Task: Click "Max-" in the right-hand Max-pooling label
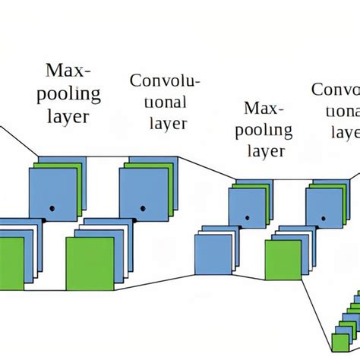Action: pos(262,109)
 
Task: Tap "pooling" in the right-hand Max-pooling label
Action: pos(262,130)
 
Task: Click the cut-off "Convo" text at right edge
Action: pos(336,90)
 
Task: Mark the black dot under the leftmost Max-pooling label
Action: pos(52,207)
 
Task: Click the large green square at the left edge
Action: pos(11,261)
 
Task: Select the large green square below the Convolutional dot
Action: pos(90,261)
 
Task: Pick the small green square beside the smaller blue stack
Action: pos(283,260)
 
